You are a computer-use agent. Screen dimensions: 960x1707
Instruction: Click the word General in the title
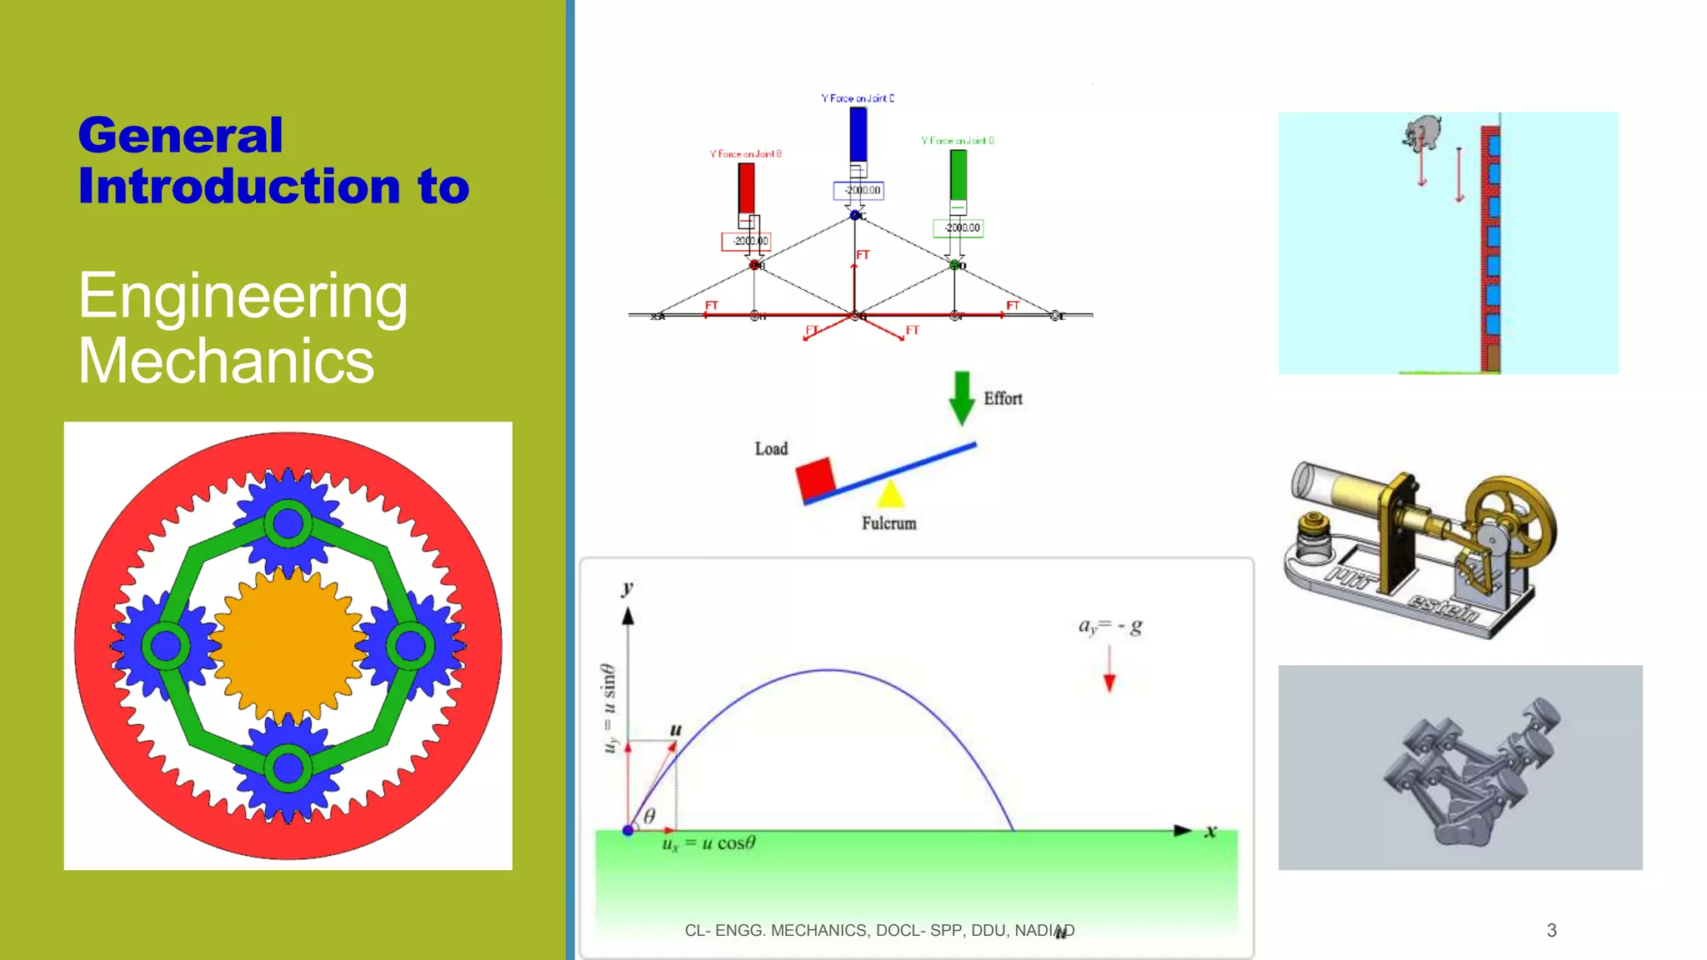click(x=181, y=136)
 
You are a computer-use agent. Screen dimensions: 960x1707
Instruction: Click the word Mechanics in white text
click(x=226, y=362)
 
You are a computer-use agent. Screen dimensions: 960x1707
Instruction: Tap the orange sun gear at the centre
click(x=288, y=645)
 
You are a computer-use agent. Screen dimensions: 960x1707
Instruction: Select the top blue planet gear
click(x=288, y=523)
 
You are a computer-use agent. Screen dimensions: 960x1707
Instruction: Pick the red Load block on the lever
click(x=814, y=478)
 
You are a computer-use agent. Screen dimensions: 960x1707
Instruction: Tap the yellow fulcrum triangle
click(x=890, y=494)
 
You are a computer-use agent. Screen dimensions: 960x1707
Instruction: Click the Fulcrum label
click(x=889, y=523)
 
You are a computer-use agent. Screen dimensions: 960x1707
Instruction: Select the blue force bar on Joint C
click(x=858, y=134)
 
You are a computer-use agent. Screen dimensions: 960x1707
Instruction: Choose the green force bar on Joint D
click(x=959, y=174)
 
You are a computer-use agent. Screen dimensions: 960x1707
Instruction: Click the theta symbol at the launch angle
click(x=649, y=816)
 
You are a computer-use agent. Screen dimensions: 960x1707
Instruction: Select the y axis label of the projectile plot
click(x=628, y=588)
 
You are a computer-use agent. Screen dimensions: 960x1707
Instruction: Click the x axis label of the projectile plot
click(x=1210, y=831)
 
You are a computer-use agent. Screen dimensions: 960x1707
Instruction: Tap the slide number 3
click(x=1551, y=930)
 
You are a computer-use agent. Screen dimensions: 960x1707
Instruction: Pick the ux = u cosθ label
click(x=708, y=843)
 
